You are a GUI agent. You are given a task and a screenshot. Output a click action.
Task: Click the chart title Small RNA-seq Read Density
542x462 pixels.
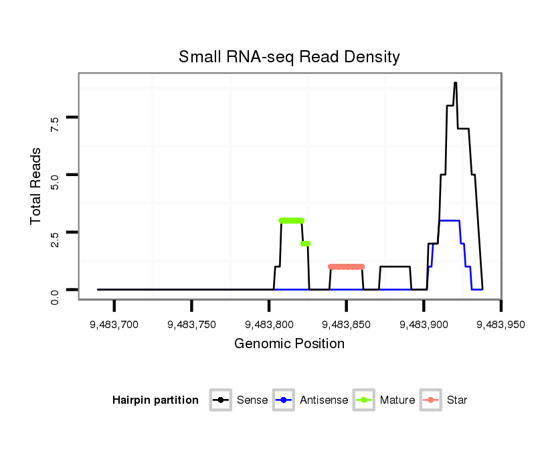(289, 57)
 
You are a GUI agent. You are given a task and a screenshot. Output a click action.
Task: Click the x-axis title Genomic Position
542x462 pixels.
(289, 344)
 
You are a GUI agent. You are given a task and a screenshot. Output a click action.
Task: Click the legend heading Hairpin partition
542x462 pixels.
(155, 400)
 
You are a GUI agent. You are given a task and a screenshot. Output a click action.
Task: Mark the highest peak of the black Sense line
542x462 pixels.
(455, 83)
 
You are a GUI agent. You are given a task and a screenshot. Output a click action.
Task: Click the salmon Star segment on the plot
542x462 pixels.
(346, 266)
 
